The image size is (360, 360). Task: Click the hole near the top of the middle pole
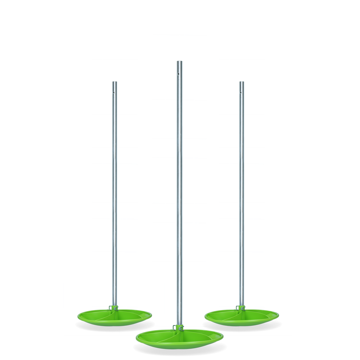(179, 73)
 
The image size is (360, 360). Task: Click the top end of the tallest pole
(179, 62)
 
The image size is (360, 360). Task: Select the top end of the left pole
(115, 82)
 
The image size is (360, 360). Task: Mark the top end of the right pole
(241, 82)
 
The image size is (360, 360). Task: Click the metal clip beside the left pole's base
(111, 308)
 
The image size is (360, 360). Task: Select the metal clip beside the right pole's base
(238, 308)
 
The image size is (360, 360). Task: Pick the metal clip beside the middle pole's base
(175, 327)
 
